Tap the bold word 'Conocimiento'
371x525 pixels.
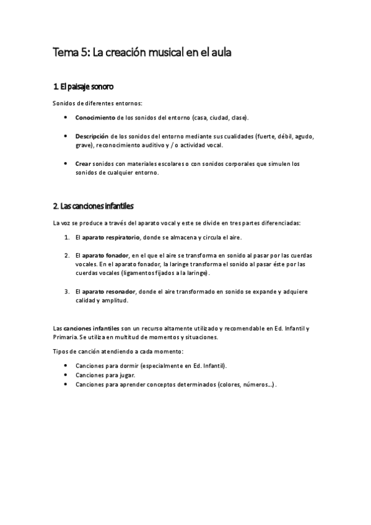[95, 117]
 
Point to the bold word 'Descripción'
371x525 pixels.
[92, 136]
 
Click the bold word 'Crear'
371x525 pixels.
[82, 164]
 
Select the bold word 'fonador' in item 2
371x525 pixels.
[117, 255]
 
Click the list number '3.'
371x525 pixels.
[67, 291]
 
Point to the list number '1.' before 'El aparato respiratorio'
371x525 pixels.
[67, 237]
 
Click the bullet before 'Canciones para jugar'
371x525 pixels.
[66, 375]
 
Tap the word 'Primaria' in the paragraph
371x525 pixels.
[65, 337]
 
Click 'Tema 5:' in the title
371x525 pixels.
[70, 54]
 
